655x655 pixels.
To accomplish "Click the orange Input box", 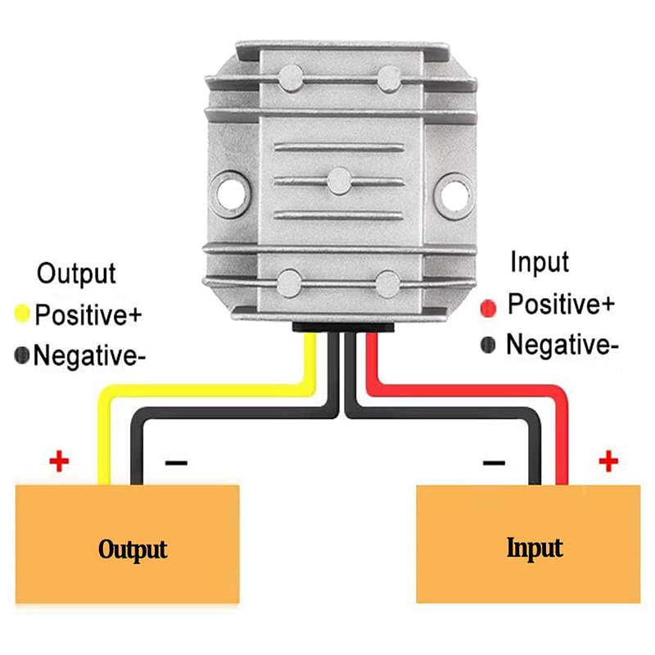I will [x=528, y=544].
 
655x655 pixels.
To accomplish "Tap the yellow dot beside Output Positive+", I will [x=22, y=314].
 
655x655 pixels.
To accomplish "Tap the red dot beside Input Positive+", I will [x=490, y=308].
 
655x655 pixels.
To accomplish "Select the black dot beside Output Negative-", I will [x=22, y=355].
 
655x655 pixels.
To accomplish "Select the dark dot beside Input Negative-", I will [x=490, y=346].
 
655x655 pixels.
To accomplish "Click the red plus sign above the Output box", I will [x=59, y=462].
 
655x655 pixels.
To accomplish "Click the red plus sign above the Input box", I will [x=607, y=462].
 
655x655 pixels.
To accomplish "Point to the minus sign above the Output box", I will [x=176, y=463].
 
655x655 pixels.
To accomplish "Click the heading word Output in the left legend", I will [x=77, y=273].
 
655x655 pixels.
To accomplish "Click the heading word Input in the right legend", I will [x=539, y=263].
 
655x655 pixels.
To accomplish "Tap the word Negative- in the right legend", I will [x=562, y=346].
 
